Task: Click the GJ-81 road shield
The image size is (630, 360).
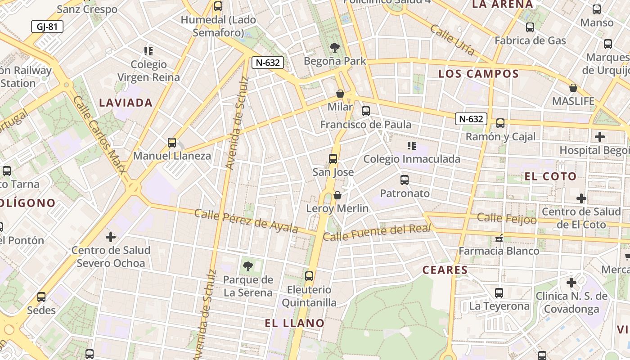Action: pos(47,27)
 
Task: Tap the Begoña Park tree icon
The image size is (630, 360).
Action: pos(334,47)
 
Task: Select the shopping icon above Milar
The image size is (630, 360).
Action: pos(340,94)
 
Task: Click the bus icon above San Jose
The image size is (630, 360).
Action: pos(333,158)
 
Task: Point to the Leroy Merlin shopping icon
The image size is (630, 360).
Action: pos(337,195)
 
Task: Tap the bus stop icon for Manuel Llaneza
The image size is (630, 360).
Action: pos(171,142)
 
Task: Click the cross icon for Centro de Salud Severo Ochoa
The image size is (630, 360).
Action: pos(111,237)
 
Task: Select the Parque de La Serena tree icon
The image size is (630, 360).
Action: pos(247,266)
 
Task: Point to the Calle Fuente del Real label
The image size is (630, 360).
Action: pos(377,233)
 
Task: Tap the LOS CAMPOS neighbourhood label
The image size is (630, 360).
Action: pos(478,74)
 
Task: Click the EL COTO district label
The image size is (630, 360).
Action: pos(550,176)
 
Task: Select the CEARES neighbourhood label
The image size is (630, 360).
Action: pos(445,270)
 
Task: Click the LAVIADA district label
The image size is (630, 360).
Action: pos(126,103)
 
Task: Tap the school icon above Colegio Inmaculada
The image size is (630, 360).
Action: pos(411,145)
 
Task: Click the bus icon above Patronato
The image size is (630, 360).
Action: pos(405,180)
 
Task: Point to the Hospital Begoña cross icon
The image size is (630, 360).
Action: pos(599,136)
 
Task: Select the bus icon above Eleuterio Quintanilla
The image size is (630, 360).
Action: pos(309,276)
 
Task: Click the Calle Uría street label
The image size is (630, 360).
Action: pos(452,40)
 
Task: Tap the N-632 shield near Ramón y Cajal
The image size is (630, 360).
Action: pos(471,119)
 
